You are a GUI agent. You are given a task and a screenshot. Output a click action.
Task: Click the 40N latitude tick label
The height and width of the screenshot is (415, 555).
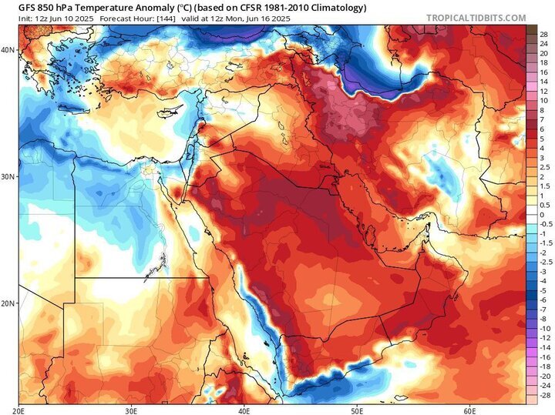point(8,49)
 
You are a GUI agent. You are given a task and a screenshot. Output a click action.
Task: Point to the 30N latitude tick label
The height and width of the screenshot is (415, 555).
point(8,176)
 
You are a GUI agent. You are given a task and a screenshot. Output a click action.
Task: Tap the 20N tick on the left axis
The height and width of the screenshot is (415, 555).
point(8,303)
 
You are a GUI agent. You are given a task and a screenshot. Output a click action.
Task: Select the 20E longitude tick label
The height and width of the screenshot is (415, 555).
point(21,410)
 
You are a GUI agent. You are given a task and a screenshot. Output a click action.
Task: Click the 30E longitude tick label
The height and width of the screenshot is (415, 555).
point(131,410)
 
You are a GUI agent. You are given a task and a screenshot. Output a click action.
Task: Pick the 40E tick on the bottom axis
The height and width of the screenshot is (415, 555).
point(244,410)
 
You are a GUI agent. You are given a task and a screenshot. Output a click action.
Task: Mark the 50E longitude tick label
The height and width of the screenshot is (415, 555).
point(358,410)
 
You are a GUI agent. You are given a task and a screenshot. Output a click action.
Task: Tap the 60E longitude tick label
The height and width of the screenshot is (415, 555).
point(470,410)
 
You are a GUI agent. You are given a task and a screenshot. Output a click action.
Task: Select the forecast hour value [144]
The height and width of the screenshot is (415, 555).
point(153,18)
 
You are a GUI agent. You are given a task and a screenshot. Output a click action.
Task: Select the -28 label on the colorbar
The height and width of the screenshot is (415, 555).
point(544,394)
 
